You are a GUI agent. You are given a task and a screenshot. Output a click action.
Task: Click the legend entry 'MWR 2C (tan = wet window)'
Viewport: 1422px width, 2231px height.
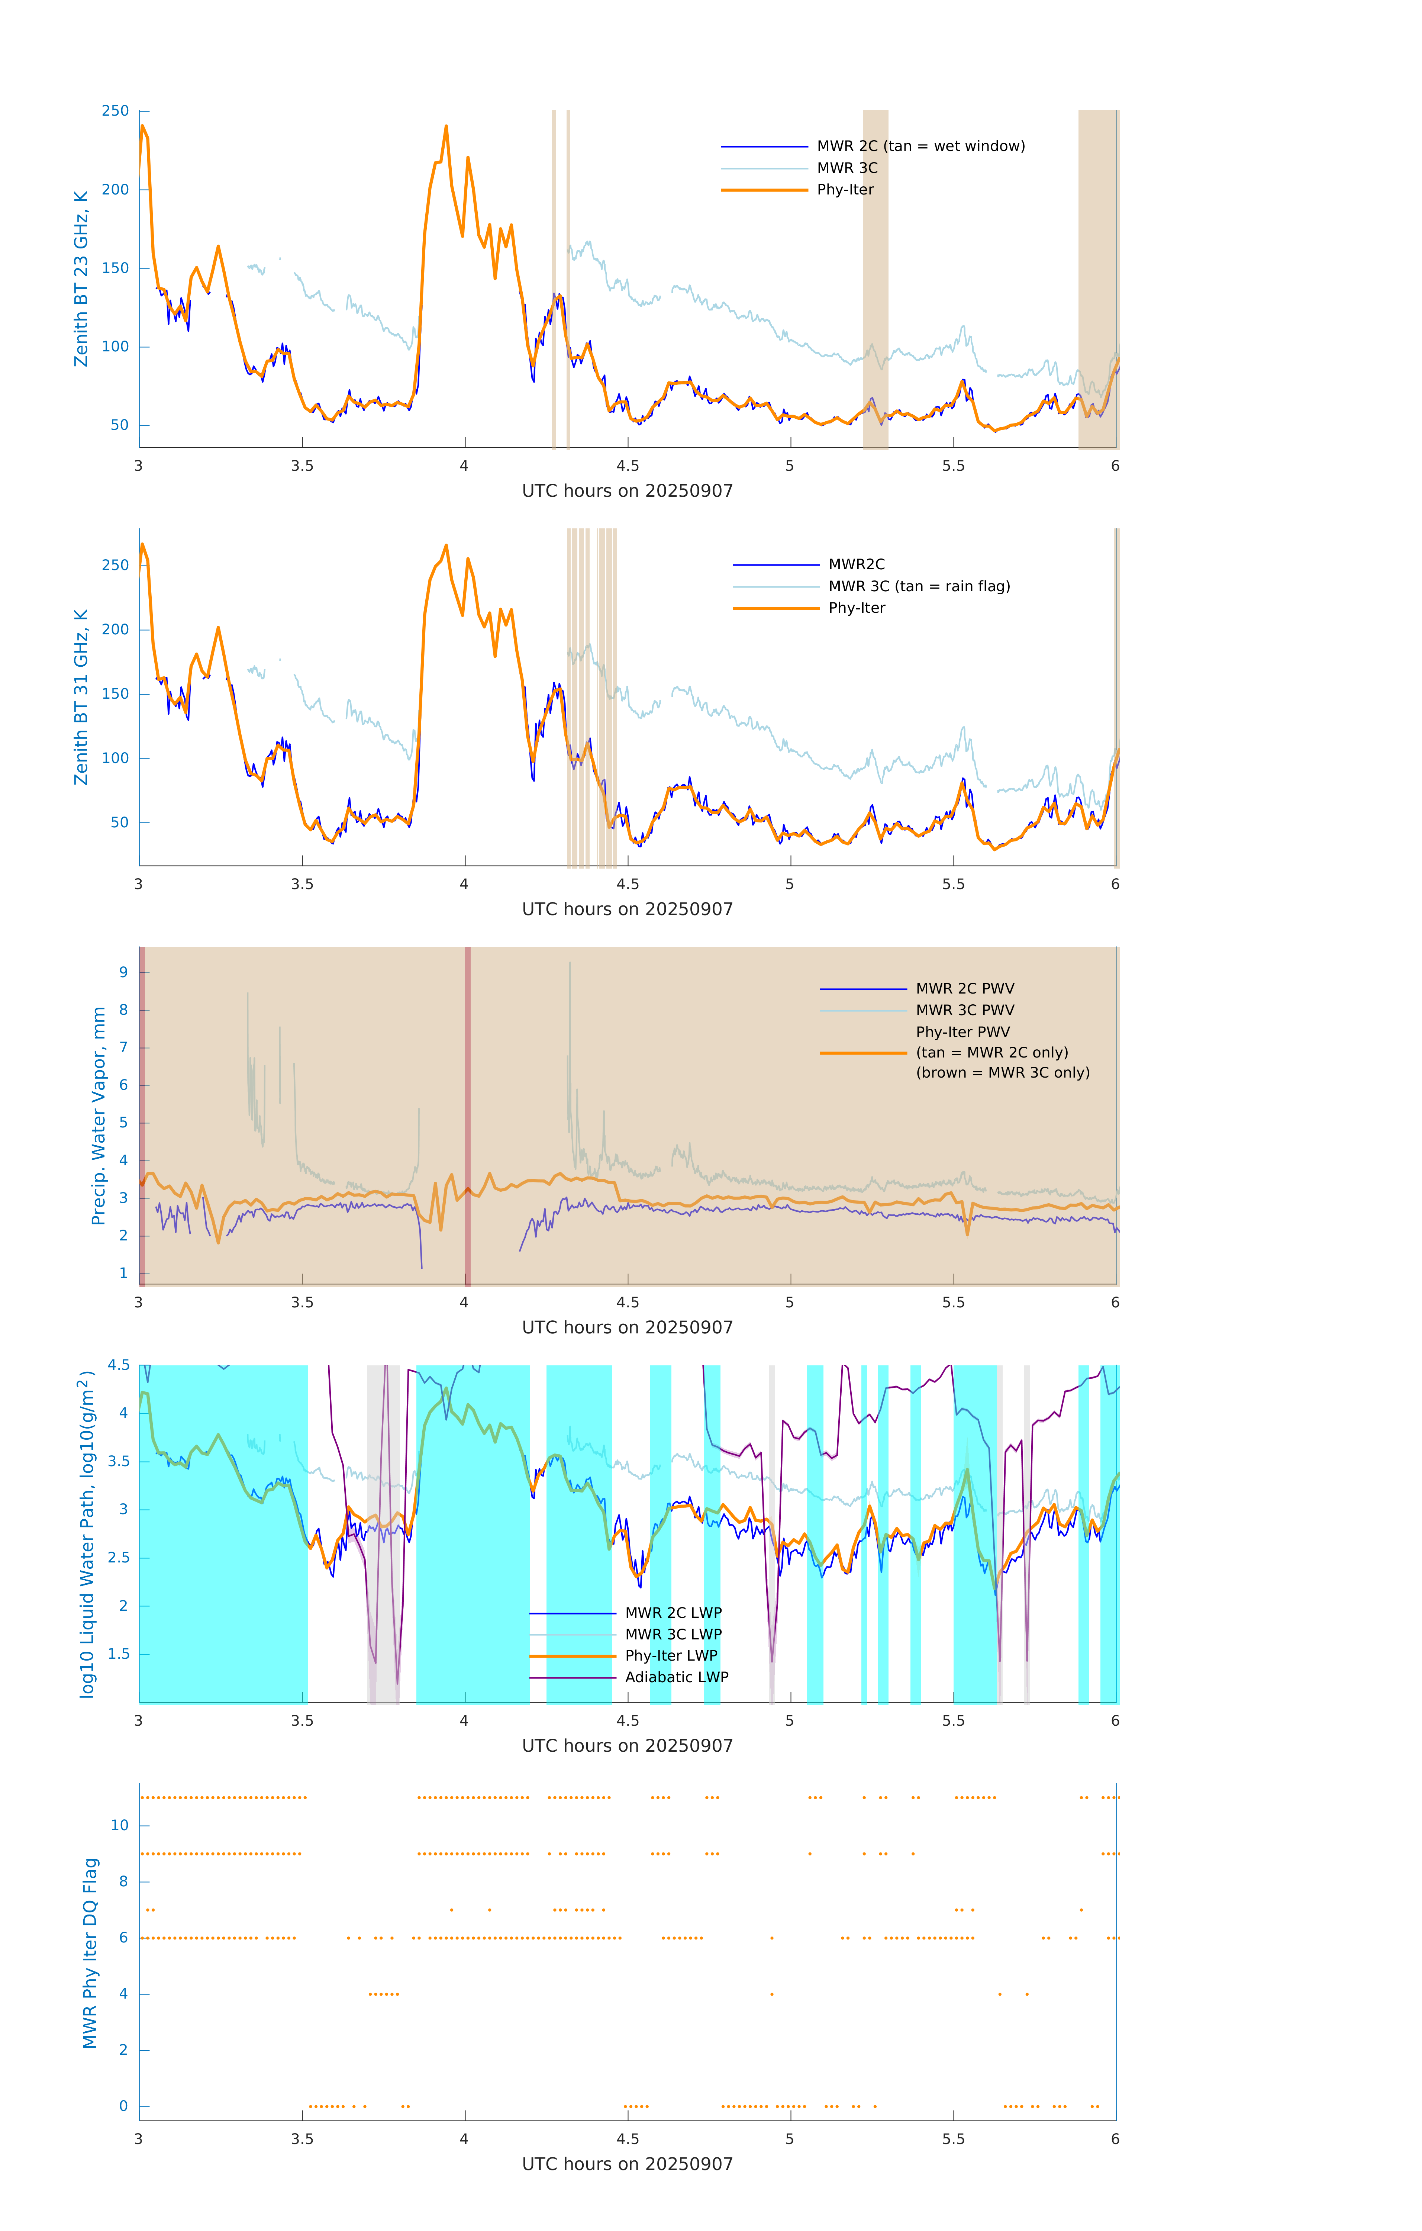[x=920, y=147]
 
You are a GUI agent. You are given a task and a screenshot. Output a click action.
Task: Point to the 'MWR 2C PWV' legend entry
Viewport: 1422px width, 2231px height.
[x=964, y=989]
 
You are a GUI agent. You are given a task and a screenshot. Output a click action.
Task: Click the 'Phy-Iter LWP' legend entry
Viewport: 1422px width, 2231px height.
[x=671, y=1656]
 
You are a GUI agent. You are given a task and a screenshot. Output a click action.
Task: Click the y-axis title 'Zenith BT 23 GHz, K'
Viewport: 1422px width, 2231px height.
[x=81, y=279]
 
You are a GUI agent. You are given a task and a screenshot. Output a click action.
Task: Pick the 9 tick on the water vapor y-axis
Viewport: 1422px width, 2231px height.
[x=123, y=973]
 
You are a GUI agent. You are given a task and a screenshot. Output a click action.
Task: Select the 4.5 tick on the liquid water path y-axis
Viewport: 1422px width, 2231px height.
[x=119, y=1366]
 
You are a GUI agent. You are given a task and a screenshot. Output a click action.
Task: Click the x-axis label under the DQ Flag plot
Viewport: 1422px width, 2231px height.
[x=627, y=2164]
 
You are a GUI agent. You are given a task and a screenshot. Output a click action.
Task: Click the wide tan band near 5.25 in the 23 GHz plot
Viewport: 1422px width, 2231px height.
[x=876, y=278]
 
